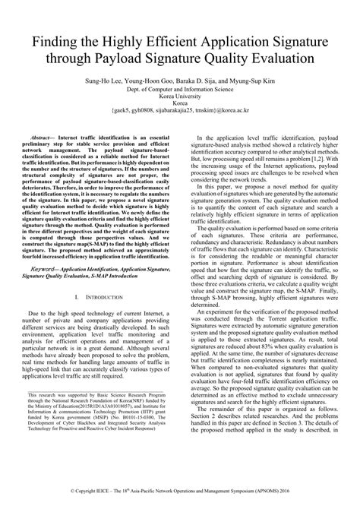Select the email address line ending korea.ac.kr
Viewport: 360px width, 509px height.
click(x=179, y=109)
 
